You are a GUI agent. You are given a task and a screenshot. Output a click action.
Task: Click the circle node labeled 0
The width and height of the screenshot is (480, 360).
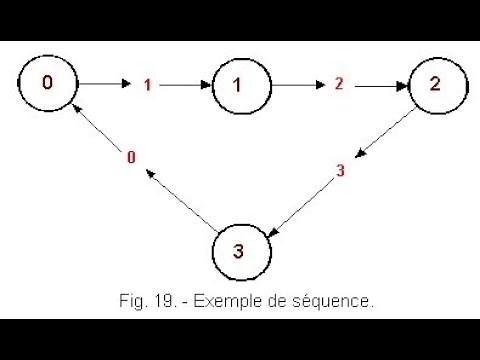[47, 82]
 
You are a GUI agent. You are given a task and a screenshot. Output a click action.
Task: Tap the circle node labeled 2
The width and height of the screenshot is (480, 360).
[433, 83]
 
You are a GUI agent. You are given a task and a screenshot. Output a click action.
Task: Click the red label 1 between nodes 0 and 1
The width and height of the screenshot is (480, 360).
[147, 85]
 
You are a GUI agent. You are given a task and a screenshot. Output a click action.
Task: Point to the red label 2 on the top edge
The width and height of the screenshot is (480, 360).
[339, 84]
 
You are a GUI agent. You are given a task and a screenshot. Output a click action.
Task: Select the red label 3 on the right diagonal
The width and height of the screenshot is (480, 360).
[340, 170]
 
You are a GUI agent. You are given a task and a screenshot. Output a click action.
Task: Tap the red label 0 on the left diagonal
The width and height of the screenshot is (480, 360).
[131, 156]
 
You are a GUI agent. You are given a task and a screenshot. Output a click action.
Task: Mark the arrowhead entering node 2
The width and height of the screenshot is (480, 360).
[402, 85]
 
